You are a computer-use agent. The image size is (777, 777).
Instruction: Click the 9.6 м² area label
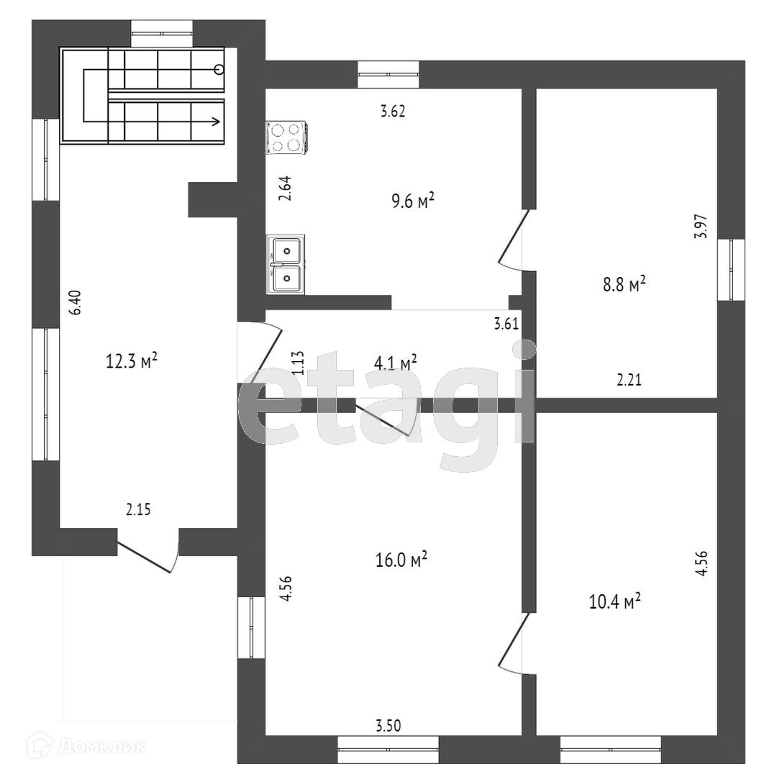[413, 201]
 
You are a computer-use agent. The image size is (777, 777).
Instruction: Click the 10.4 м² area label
[615, 601]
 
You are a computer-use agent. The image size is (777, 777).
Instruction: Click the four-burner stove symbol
[286, 137]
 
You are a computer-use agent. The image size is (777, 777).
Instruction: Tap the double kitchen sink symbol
[287, 263]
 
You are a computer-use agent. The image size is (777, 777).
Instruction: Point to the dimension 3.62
[394, 112]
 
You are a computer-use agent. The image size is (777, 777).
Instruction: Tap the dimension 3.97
[701, 227]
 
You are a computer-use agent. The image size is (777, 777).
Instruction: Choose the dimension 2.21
[629, 381]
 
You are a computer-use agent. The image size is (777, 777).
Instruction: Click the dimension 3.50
[388, 725]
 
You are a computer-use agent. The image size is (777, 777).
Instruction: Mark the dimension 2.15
[138, 510]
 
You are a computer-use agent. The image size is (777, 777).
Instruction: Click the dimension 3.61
[506, 324]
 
